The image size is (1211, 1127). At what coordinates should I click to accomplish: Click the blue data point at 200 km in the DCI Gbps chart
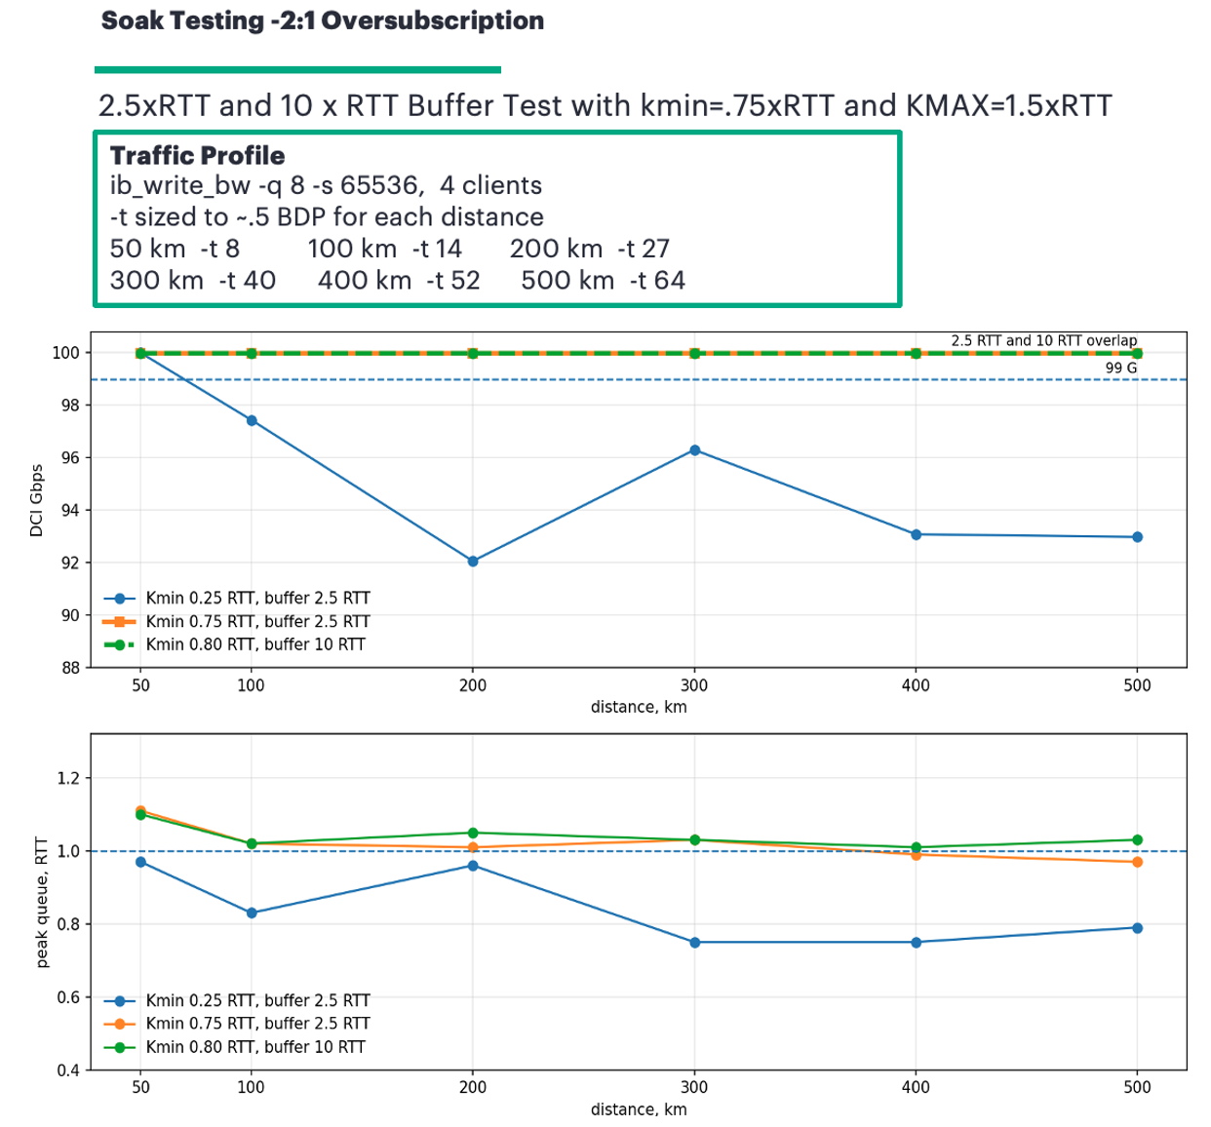(473, 561)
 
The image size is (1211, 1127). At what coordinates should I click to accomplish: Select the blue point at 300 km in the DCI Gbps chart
(694, 450)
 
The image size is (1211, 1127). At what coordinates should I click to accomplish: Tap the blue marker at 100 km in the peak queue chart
(252, 913)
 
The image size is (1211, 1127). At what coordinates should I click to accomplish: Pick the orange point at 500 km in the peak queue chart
(1137, 862)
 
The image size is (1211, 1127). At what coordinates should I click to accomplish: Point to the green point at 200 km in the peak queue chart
(473, 833)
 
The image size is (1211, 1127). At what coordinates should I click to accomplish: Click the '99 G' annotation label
(1120, 368)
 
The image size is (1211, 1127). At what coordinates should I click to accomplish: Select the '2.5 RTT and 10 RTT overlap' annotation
(1044, 340)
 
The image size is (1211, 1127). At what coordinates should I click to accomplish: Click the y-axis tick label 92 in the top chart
(71, 563)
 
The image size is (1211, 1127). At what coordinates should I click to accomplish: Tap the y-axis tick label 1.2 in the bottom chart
(68, 778)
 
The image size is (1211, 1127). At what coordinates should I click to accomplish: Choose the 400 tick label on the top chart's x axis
(916, 685)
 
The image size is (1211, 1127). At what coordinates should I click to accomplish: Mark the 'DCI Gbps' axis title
(37, 500)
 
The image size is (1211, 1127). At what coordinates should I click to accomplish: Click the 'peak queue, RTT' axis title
(42, 902)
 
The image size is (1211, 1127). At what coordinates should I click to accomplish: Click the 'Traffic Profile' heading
(197, 156)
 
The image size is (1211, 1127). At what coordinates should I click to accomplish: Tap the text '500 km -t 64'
(603, 281)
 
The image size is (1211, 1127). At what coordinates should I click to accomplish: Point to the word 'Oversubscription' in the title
(432, 20)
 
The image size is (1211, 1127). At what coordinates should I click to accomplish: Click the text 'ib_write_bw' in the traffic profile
(179, 185)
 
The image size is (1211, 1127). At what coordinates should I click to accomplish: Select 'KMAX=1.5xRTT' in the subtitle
(1008, 105)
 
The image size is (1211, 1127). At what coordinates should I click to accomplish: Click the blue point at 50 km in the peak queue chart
(140, 862)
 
